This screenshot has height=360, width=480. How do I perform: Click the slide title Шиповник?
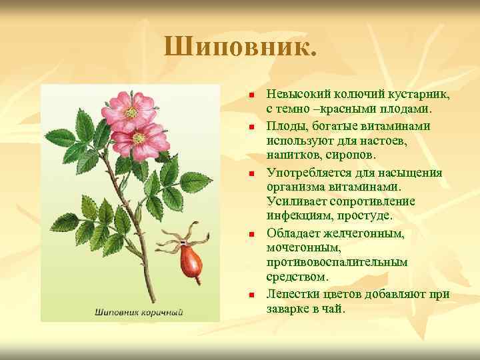241,47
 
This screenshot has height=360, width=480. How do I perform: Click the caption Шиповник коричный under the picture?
139,311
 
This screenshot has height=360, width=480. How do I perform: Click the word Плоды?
285,126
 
